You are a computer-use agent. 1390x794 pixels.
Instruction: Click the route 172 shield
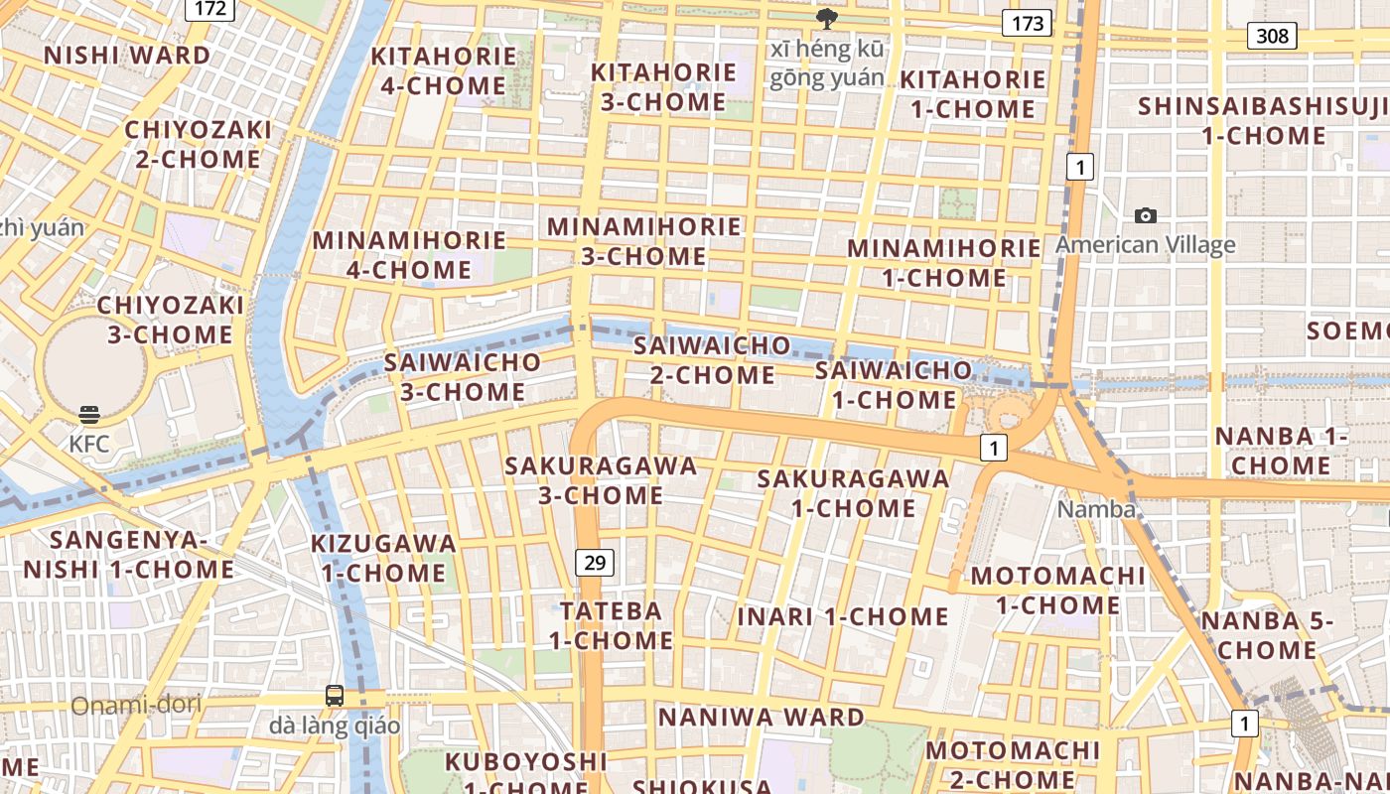click(x=209, y=9)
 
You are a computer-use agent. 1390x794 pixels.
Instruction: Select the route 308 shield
click(x=1271, y=37)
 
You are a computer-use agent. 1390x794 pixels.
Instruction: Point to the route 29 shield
click(x=594, y=564)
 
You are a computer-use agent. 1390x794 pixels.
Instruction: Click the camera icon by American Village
click(x=1146, y=215)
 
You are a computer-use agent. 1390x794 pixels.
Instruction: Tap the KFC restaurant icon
click(x=89, y=415)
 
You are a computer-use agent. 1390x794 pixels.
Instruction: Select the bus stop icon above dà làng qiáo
click(x=335, y=696)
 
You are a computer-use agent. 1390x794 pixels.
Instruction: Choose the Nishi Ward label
click(x=127, y=55)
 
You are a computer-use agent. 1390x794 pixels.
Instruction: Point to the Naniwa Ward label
click(x=762, y=717)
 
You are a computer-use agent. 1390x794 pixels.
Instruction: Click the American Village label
click(x=1146, y=244)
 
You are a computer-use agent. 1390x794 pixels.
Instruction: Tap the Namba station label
click(x=1096, y=509)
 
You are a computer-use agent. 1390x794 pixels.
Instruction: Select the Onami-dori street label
click(x=136, y=706)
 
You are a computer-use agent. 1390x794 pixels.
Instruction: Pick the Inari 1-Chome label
click(x=843, y=616)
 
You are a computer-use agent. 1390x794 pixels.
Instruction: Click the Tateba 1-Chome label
click(x=612, y=625)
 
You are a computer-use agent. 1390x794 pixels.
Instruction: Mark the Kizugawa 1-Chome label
click(x=383, y=558)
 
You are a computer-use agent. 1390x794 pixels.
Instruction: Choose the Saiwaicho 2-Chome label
click(x=712, y=360)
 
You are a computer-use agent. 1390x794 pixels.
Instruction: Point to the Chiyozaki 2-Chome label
click(x=198, y=144)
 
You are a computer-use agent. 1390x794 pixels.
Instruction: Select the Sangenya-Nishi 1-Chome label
click(x=129, y=555)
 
